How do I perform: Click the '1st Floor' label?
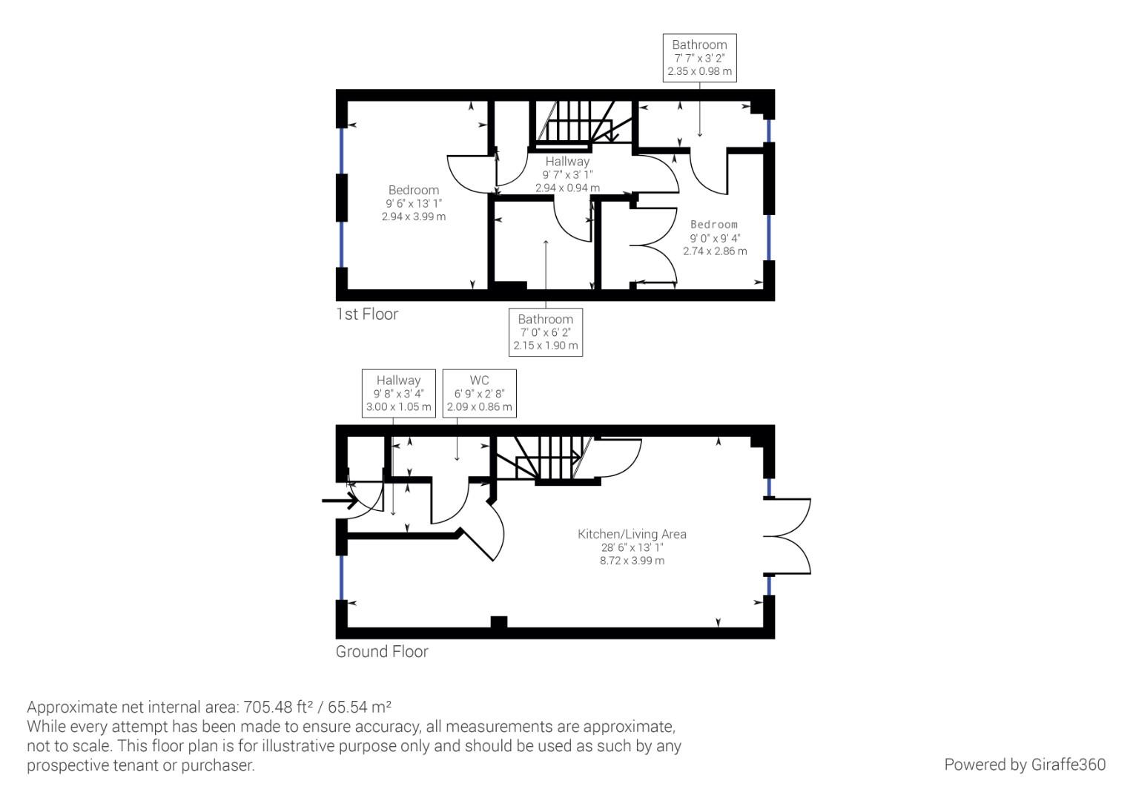tap(367, 314)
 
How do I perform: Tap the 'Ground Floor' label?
tap(382, 652)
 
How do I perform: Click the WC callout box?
tap(480, 393)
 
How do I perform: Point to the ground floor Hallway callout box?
tap(399, 393)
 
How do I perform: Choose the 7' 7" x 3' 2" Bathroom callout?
tap(699, 58)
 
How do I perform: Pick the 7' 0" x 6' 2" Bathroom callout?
tap(545, 332)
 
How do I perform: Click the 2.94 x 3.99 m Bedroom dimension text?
tap(414, 217)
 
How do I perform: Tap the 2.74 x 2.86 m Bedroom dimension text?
tap(715, 251)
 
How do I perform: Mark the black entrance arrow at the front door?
tap(340, 501)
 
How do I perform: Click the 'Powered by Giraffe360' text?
tap(1025, 765)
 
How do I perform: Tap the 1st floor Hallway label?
tap(567, 162)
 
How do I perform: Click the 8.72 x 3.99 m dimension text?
tap(632, 561)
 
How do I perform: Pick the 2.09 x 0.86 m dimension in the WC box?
tap(480, 407)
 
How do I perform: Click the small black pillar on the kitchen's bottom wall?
tap(499, 622)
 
